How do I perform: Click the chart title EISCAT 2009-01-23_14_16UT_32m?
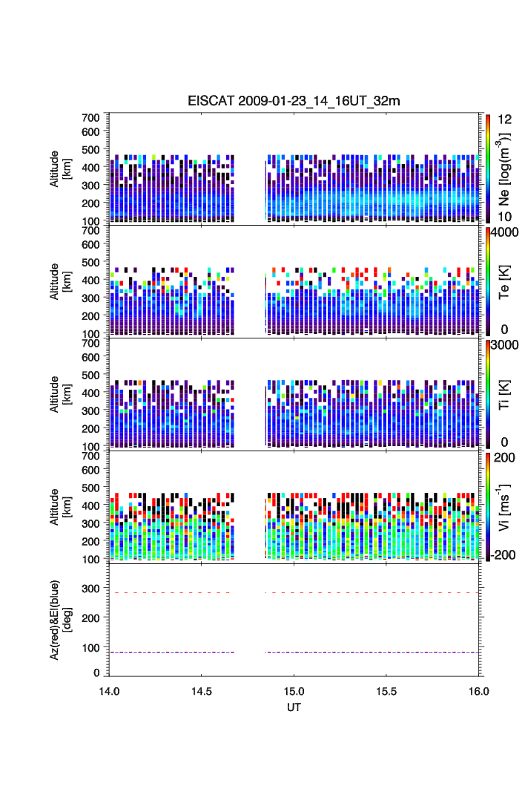point(294,101)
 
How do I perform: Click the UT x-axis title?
point(294,707)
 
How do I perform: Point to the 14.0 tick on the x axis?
point(110,690)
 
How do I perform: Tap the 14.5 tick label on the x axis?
point(202,690)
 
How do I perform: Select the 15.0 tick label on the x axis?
point(294,690)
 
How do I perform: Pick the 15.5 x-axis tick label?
point(386,690)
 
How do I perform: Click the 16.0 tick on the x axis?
point(479,690)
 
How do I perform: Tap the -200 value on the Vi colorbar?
point(503,555)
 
